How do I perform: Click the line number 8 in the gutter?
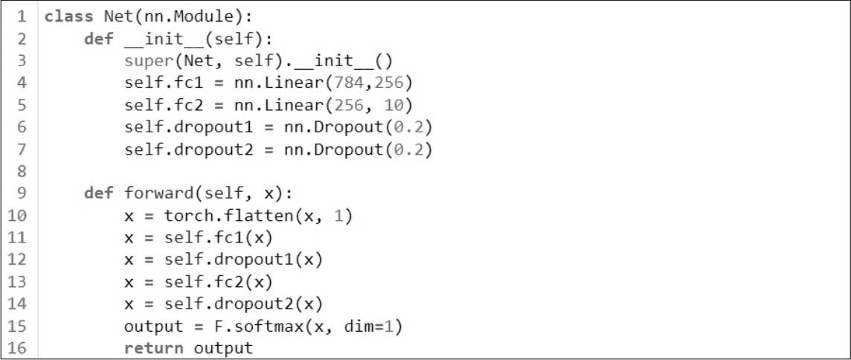[22, 172]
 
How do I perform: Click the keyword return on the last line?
[155, 347]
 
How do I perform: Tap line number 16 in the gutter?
[18, 347]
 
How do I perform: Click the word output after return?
[223, 347]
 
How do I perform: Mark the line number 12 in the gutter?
[18, 260]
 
